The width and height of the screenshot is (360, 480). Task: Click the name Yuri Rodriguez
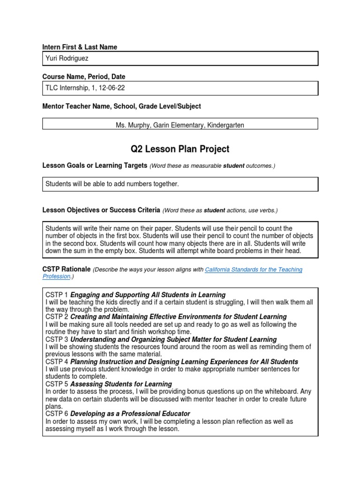click(x=67, y=58)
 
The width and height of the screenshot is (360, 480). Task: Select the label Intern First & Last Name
click(x=80, y=47)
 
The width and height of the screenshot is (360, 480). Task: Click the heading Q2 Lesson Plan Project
click(x=180, y=149)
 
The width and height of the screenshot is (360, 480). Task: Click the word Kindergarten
click(x=222, y=125)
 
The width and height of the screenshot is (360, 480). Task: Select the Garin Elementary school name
click(x=174, y=125)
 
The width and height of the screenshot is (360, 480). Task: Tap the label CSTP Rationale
click(x=67, y=270)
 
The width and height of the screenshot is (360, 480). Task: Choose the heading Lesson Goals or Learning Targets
click(x=95, y=166)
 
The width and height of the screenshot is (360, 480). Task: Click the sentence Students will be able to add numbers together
click(x=112, y=184)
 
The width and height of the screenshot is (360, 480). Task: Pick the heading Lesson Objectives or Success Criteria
click(x=101, y=210)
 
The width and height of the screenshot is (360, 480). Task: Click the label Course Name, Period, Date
click(x=83, y=76)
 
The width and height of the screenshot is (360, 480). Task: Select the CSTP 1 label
click(x=57, y=295)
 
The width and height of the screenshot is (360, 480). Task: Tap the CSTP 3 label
click(x=57, y=339)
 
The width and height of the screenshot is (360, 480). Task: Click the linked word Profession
click(x=56, y=277)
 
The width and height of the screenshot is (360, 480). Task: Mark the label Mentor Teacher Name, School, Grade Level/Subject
click(x=121, y=106)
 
